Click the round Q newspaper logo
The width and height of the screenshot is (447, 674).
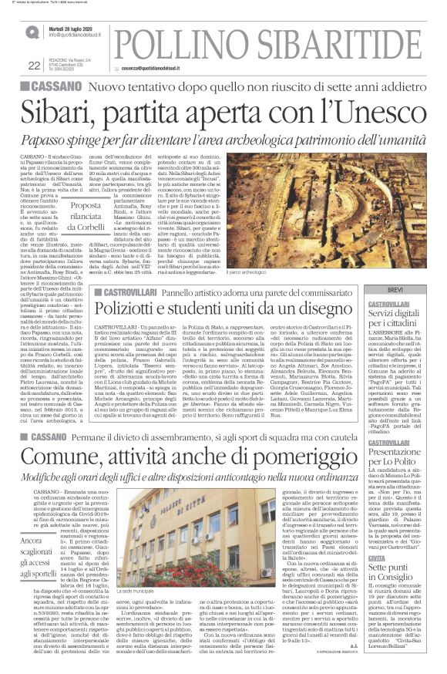[31, 32]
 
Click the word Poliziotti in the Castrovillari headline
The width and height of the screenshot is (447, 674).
[136, 308]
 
